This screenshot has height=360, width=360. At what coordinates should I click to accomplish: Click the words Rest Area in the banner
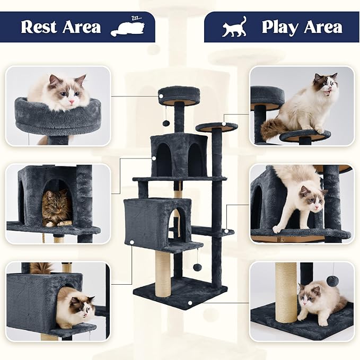(60, 27)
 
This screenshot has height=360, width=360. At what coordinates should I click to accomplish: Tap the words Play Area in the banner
(302, 27)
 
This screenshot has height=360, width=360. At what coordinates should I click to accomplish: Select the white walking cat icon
(234, 27)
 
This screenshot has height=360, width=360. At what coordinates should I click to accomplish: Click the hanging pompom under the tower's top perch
(166, 123)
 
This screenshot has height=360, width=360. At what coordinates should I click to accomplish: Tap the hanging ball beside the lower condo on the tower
(197, 267)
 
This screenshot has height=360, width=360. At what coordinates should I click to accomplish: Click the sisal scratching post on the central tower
(163, 273)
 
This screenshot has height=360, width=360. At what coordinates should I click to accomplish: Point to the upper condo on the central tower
(179, 155)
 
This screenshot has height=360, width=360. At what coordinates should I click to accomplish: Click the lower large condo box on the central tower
(149, 222)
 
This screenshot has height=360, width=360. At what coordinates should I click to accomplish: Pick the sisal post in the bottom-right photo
(286, 292)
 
